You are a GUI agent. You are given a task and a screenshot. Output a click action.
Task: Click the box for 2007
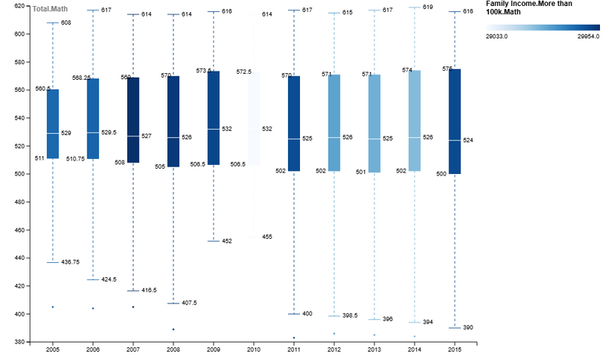pyautogui.click(x=133, y=120)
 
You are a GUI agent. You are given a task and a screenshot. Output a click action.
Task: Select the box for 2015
pyautogui.click(x=455, y=121)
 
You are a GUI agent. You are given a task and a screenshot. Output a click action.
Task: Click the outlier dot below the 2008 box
pyautogui.click(x=173, y=329)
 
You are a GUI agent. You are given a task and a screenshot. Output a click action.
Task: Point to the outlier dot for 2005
pyautogui.click(x=53, y=307)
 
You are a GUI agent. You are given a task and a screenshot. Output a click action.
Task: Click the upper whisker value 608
pyautogui.click(x=66, y=23)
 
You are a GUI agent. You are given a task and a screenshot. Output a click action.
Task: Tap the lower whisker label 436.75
pyautogui.click(x=70, y=262)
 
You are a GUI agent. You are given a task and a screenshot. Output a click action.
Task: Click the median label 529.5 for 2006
pyautogui.click(x=108, y=133)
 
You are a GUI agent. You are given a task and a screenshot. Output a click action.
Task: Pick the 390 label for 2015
pyautogui.click(x=467, y=328)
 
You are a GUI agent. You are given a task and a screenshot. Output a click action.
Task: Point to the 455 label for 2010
pyautogui.click(x=267, y=236)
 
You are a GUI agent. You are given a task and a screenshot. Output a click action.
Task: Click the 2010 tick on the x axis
pyautogui.click(x=253, y=350)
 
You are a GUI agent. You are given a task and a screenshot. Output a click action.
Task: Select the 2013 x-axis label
pyautogui.click(x=374, y=350)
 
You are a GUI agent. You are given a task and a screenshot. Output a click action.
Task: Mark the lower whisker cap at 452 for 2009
pyautogui.click(x=213, y=241)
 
